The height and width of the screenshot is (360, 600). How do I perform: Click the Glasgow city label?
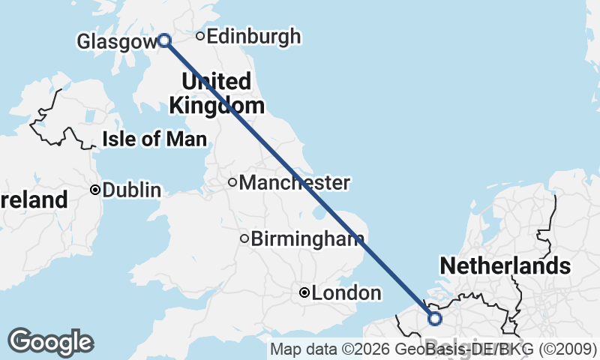pyautogui.click(x=115, y=42)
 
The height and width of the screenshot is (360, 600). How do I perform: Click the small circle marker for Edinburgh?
pyautogui.click(x=200, y=36)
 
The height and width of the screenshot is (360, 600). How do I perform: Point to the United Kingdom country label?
pyautogui.click(x=216, y=93)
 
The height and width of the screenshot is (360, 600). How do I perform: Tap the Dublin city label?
pyautogui.click(x=131, y=190)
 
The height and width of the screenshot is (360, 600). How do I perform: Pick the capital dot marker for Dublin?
pyautogui.click(x=95, y=190)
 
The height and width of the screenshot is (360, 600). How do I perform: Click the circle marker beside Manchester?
pyautogui.click(x=232, y=182)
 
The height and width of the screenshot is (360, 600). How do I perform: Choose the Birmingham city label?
pyautogui.click(x=303, y=239)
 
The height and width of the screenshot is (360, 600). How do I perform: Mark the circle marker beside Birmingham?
pyautogui.click(x=244, y=239)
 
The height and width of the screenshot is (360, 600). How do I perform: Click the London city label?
pyautogui.click(x=346, y=293)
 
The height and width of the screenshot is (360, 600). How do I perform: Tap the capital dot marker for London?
pyautogui.click(x=304, y=293)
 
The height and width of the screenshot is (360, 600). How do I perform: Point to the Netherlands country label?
pyautogui.click(x=505, y=265)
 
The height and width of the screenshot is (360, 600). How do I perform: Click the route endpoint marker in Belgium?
pyautogui.click(x=434, y=319)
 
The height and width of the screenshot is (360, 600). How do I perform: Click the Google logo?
pyautogui.click(x=50, y=342)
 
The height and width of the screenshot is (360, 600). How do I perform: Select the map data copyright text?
pyautogui.click(x=433, y=349)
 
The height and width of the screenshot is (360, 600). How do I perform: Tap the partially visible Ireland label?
pyautogui.click(x=34, y=200)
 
